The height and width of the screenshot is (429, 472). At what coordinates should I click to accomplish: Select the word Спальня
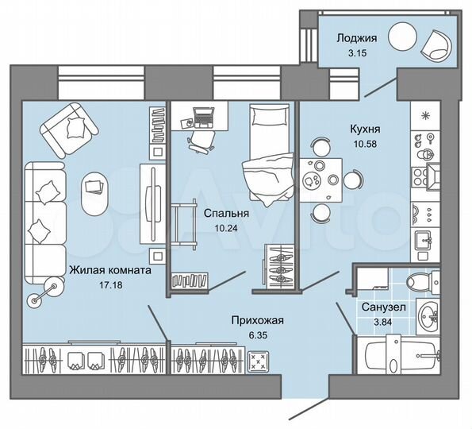[x=226, y=213]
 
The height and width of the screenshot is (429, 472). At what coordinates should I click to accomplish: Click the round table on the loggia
[x=405, y=36]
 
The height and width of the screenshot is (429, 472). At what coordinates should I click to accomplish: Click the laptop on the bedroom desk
[x=202, y=117]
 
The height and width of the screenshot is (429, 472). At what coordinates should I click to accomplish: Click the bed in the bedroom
[x=267, y=151]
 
